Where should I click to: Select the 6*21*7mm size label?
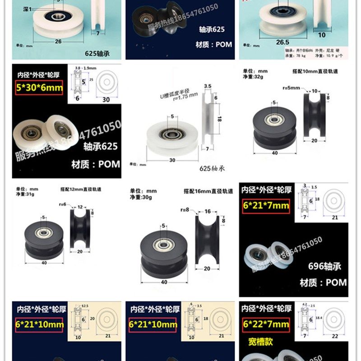tap(266, 206)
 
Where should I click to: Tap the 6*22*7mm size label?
tap(266, 324)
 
